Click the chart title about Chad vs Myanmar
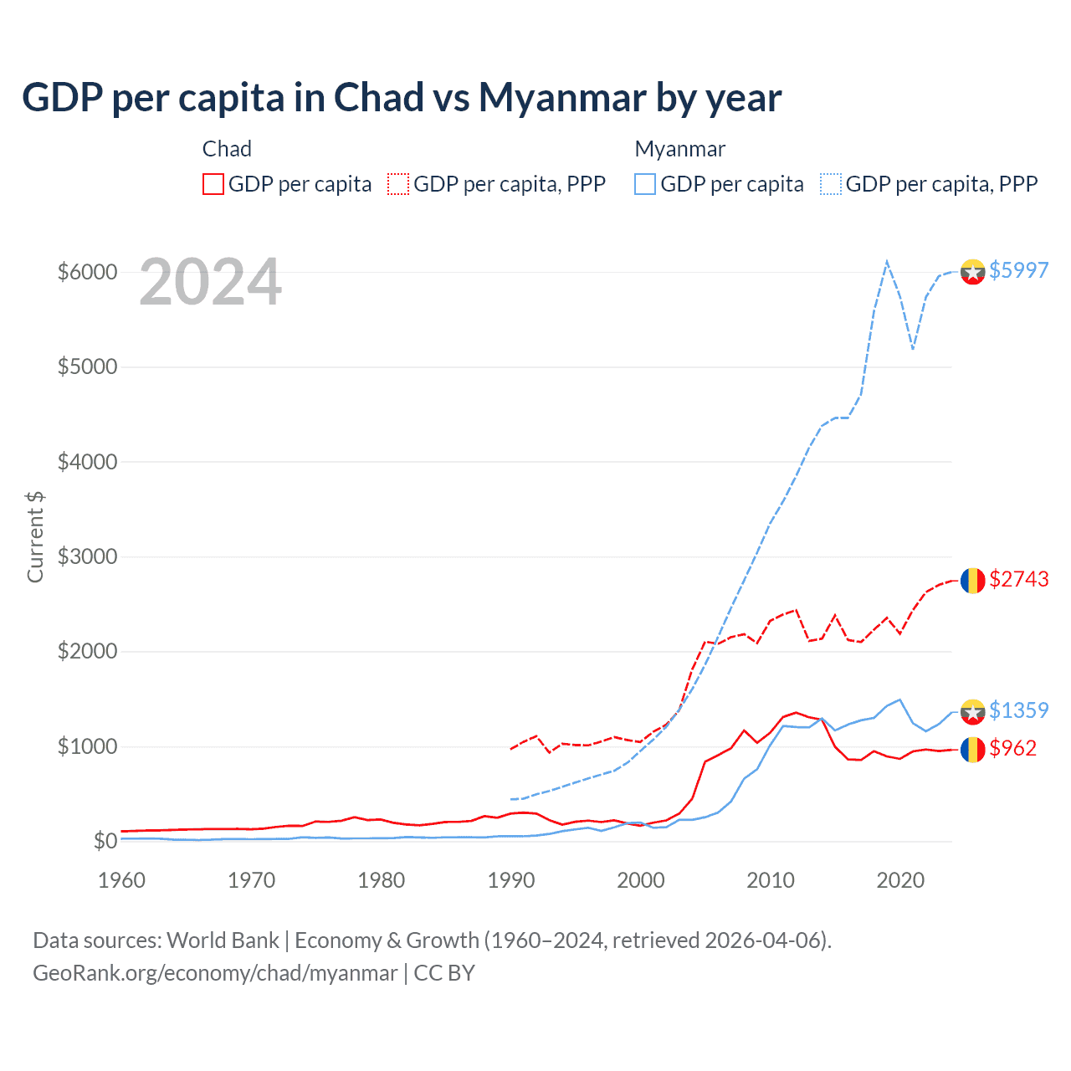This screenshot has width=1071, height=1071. [402, 98]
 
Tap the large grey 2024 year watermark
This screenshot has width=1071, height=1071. [210, 283]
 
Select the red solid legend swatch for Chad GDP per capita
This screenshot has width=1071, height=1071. [213, 184]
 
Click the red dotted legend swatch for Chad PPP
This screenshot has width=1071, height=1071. [398, 184]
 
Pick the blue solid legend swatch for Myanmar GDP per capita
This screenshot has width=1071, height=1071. [645, 184]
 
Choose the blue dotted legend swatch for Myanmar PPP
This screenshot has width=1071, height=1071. [831, 184]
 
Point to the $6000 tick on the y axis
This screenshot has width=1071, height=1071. [87, 272]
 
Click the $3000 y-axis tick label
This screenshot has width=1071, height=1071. [87, 556]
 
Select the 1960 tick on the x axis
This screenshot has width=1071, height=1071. [122, 880]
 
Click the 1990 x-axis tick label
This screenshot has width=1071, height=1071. [511, 880]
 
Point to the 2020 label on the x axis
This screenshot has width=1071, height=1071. [900, 880]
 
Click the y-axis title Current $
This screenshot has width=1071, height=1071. [35, 536]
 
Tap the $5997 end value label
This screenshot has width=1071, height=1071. [1018, 270]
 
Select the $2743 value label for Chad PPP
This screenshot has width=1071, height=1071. [1018, 579]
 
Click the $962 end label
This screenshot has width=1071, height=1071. [1012, 748]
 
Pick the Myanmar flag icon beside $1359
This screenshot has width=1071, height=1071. [972, 711]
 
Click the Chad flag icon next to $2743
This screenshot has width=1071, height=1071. [972, 580]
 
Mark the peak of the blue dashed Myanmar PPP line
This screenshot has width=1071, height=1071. [887, 261]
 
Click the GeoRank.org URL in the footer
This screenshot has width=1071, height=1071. [215, 973]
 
